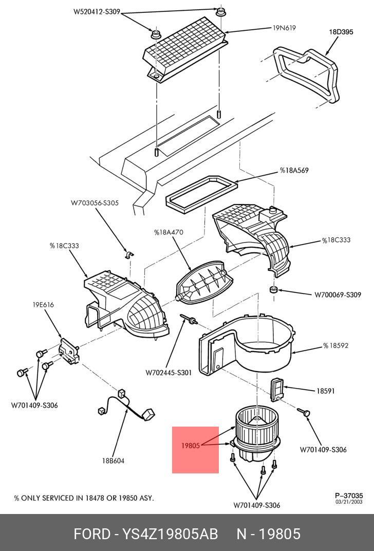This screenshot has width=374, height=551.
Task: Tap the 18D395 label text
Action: (x=341, y=32)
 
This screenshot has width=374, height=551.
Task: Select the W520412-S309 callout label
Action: (x=97, y=11)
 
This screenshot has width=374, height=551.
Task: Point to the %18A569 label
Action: (x=294, y=170)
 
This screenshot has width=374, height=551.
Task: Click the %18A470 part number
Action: (x=169, y=232)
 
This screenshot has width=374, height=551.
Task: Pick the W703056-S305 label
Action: (x=95, y=203)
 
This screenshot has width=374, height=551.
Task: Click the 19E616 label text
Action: (x=44, y=305)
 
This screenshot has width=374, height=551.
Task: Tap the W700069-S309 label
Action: (x=338, y=295)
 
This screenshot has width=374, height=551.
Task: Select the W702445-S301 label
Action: (x=169, y=372)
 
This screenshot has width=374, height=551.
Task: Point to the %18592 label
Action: (x=335, y=345)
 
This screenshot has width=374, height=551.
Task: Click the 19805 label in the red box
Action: (x=190, y=446)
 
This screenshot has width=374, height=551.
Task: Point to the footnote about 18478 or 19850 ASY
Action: (x=84, y=498)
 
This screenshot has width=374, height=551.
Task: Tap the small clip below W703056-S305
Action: (x=129, y=254)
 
